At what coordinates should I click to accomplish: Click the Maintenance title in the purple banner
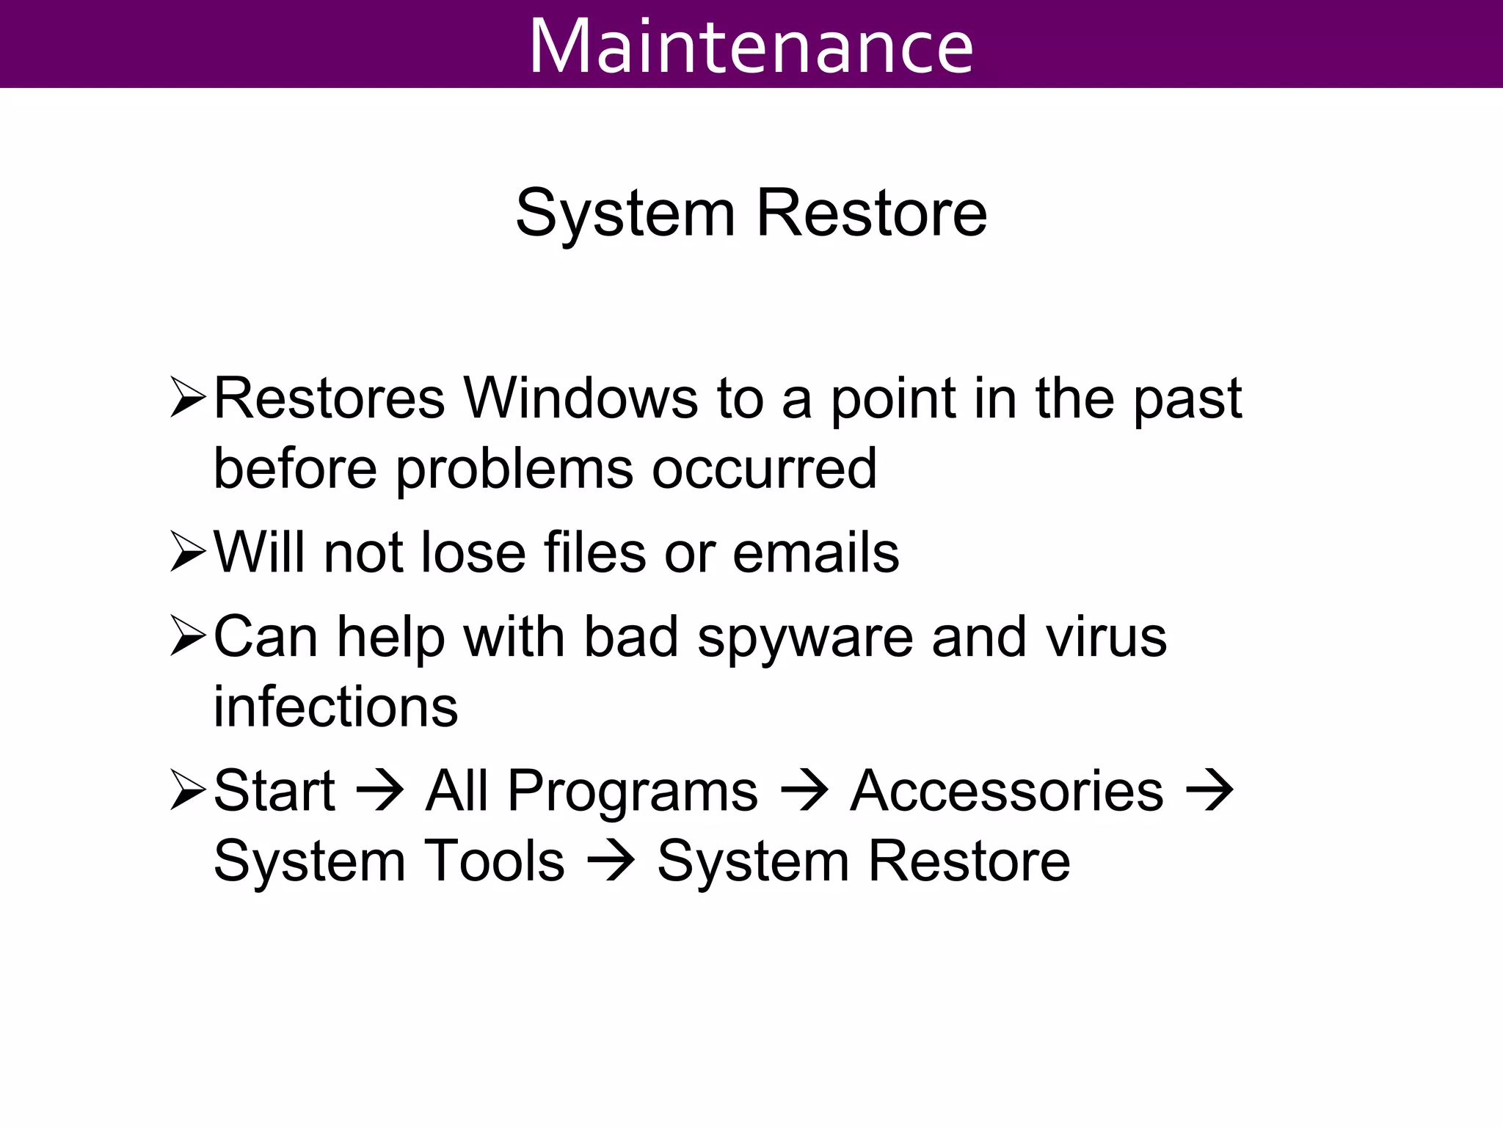[751, 45]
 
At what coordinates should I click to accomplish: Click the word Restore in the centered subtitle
[871, 214]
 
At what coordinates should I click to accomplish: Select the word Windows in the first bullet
[581, 398]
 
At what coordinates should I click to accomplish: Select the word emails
[815, 552]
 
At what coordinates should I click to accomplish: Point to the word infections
[335, 707]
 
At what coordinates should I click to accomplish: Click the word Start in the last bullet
[274, 791]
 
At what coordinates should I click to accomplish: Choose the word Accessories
[1006, 791]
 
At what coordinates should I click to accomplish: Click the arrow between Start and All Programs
[379, 792]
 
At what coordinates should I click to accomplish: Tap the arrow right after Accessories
[1209, 792]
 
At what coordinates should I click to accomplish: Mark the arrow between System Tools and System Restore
[611, 861]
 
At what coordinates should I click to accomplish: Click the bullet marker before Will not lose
[188, 552]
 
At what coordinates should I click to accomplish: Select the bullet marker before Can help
[188, 636]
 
